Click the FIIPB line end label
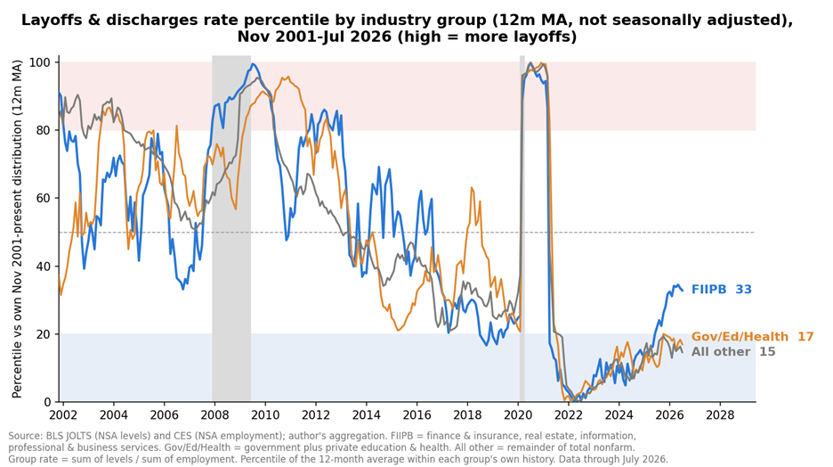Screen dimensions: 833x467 click(x=721, y=290)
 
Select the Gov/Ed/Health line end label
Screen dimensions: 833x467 click(x=752, y=337)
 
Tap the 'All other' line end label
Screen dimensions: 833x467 click(x=733, y=351)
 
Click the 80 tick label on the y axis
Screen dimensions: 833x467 click(x=46, y=130)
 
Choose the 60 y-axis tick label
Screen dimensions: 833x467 click(x=46, y=199)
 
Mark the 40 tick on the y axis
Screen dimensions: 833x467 click(x=46, y=266)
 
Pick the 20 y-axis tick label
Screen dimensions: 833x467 click(x=46, y=334)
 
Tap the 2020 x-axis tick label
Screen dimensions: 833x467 click(x=518, y=414)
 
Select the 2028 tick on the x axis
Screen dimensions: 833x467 click(x=720, y=414)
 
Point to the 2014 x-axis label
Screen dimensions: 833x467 click(x=366, y=414)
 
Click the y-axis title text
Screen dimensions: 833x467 click(x=17, y=229)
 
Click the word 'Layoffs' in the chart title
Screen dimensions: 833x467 click(x=44, y=20)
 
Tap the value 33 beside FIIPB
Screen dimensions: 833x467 click(x=744, y=290)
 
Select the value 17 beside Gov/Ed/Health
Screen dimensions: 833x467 click(x=806, y=337)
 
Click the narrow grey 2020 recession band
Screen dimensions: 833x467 click(x=522, y=229)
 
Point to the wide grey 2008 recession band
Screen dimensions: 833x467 click(x=231, y=229)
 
